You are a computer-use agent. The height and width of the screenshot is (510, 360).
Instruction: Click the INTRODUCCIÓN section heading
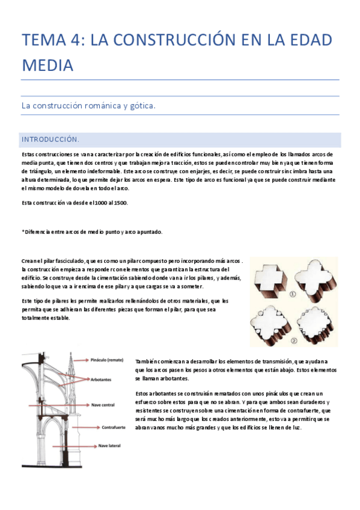click(50, 140)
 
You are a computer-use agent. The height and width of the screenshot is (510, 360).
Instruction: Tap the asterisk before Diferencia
click(23, 232)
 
